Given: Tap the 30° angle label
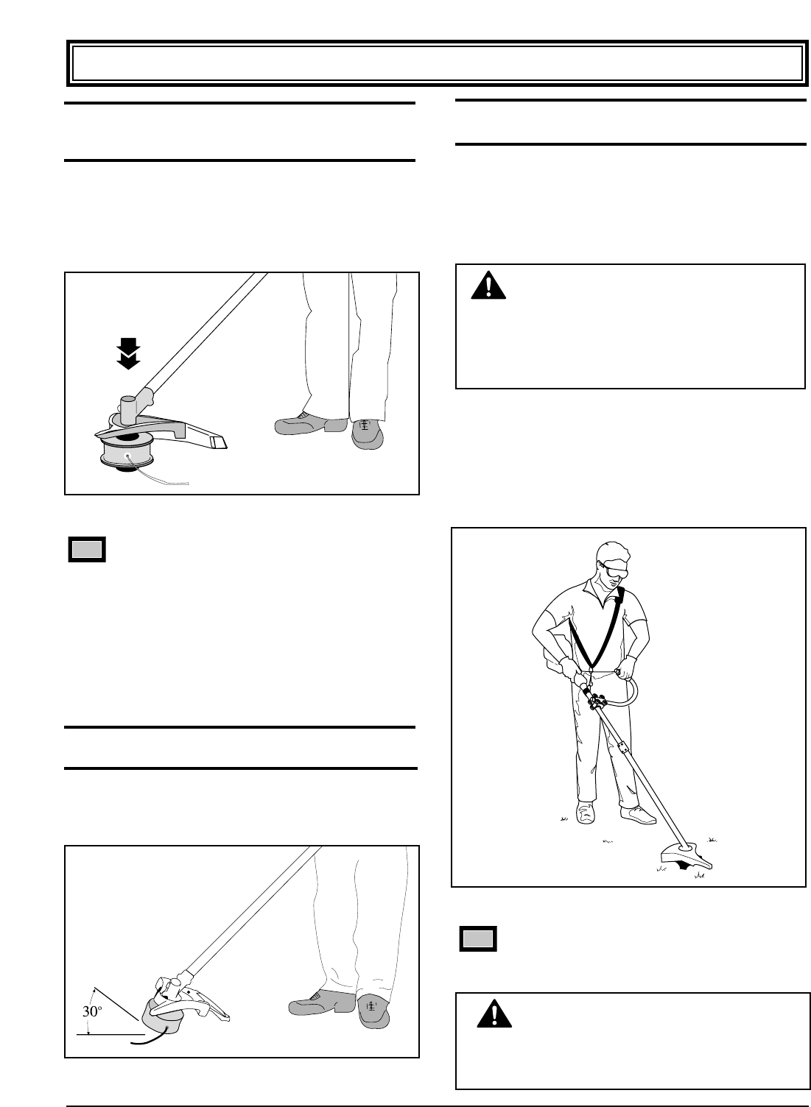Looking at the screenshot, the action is coord(91,1011).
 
